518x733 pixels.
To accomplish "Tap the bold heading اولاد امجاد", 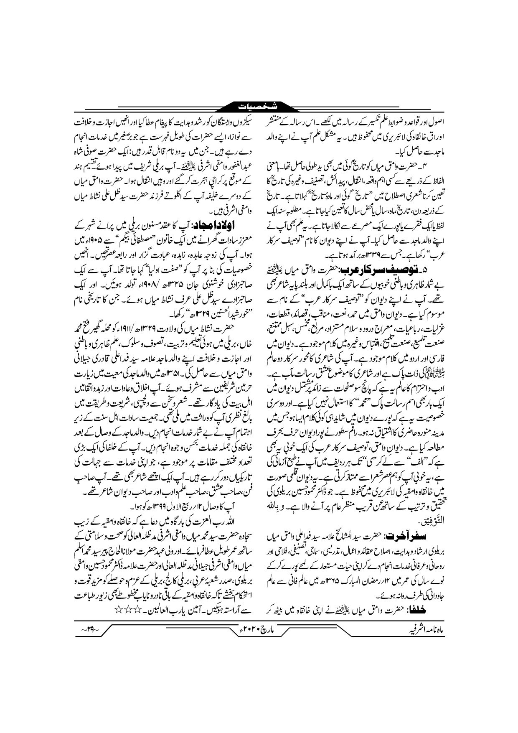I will coord(218,226).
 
